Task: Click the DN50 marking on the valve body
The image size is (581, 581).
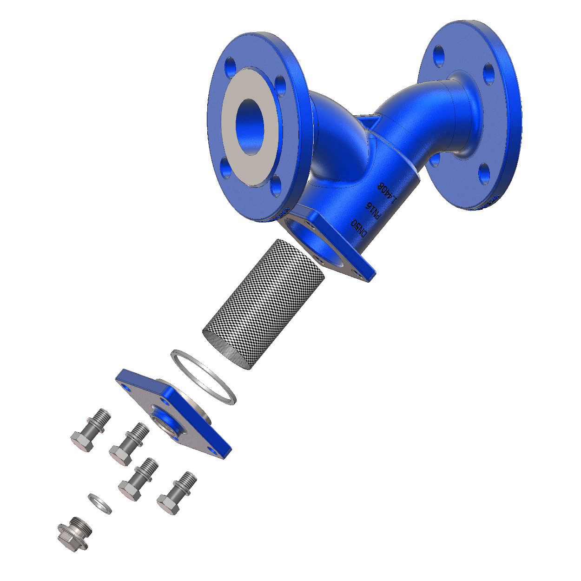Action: (x=360, y=229)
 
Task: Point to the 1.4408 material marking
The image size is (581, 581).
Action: (x=387, y=193)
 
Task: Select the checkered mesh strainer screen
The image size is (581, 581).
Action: (x=264, y=304)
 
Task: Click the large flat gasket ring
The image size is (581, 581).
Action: (x=204, y=377)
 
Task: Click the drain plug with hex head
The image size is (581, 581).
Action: (x=74, y=534)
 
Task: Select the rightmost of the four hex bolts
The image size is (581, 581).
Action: (x=177, y=493)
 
